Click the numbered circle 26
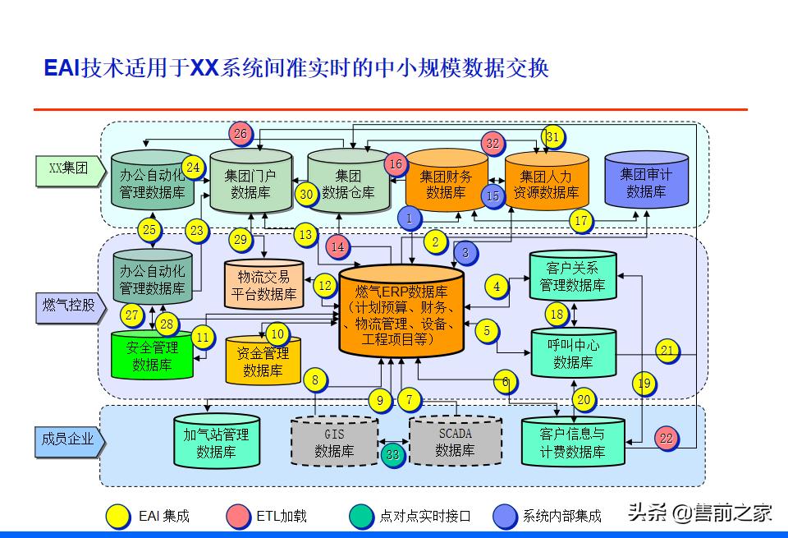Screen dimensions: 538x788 click(240, 134)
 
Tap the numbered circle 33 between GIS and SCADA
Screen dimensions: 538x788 click(393, 454)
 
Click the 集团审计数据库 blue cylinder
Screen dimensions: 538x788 click(645, 181)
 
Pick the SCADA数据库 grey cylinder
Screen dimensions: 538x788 click(455, 441)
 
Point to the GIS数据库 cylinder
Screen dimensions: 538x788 click(334, 442)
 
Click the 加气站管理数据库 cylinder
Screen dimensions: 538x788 click(216, 442)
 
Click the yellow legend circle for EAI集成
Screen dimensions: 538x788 click(119, 516)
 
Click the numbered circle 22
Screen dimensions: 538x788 click(666, 439)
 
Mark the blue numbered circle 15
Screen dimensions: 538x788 click(492, 196)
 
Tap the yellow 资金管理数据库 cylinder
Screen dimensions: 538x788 click(263, 361)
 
